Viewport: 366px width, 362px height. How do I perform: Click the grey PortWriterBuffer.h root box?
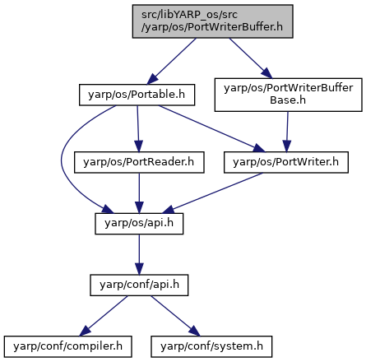click(x=212, y=21)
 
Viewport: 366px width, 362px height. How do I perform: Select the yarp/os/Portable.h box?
click(x=137, y=95)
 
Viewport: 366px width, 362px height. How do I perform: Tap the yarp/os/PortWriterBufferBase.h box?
click(x=288, y=95)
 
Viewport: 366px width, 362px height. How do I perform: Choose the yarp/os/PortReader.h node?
click(x=139, y=162)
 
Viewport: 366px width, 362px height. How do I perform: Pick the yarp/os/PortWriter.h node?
click(x=286, y=162)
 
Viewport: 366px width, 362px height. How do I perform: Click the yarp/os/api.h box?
click(x=139, y=224)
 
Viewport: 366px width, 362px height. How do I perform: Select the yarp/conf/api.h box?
click(x=139, y=285)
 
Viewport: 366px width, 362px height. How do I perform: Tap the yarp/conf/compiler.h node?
click(x=67, y=346)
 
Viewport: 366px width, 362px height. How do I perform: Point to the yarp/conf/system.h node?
click(x=211, y=346)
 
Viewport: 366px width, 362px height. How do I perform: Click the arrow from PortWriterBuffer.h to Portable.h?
click(x=172, y=61)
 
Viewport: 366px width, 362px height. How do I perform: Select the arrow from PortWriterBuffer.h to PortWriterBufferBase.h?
click(x=251, y=58)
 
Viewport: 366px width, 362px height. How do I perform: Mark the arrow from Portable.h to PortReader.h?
click(x=138, y=128)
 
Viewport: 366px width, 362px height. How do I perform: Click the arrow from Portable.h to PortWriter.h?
click(x=212, y=128)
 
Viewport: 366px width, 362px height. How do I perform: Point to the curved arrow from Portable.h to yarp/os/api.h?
click(x=62, y=162)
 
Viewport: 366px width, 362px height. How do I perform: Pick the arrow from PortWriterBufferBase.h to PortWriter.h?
click(x=287, y=132)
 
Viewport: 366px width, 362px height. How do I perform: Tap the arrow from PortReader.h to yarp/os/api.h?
click(x=139, y=193)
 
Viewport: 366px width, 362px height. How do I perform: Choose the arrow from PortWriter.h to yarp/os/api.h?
click(x=212, y=193)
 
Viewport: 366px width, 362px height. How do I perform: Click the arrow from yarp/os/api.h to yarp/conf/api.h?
click(x=139, y=254)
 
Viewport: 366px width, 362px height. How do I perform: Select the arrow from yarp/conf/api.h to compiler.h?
click(x=104, y=316)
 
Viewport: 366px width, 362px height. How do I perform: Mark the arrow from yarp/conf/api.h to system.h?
click(x=175, y=316)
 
